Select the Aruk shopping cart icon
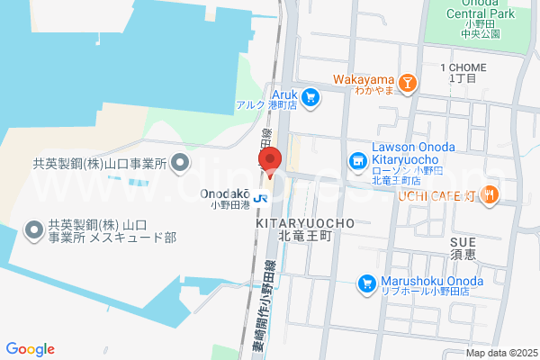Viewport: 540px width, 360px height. [x=311, y=96]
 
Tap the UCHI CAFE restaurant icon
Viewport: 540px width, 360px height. [x=490, y=195]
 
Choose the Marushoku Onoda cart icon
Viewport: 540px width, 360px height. [x=366, y=283]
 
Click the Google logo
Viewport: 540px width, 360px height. [x=30, y=349]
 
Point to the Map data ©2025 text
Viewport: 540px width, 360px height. [x=501, y=353]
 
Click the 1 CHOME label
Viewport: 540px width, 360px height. [x=463, y=68]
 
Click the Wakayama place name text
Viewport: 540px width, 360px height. [x=364, y=78]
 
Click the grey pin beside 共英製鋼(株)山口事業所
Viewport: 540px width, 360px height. [x=180, y=163]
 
